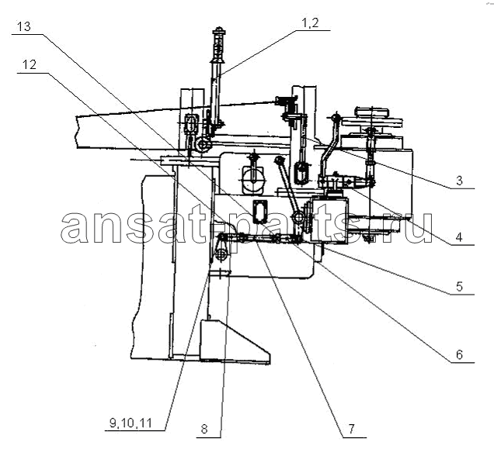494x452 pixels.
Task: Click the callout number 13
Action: [23, 26]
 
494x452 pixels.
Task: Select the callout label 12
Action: [30, 65]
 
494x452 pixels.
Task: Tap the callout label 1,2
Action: [311, 23]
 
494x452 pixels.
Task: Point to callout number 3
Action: [459, 181]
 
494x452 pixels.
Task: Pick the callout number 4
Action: [459, 237]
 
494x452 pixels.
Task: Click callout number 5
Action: [459, 287]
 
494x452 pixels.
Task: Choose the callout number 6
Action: [459, 355]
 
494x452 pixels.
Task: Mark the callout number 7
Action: [351, 429]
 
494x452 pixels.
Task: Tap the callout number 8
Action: [204, 429]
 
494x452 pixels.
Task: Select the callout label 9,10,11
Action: [130, 423]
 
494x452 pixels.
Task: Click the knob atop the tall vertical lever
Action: [218, 31]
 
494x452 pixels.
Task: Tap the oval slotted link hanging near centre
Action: [302, 172]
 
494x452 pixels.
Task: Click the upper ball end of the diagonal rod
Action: [279, 160]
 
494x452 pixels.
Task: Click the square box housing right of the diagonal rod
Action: [329, 219]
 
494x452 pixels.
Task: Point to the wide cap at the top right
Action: [373, 112]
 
